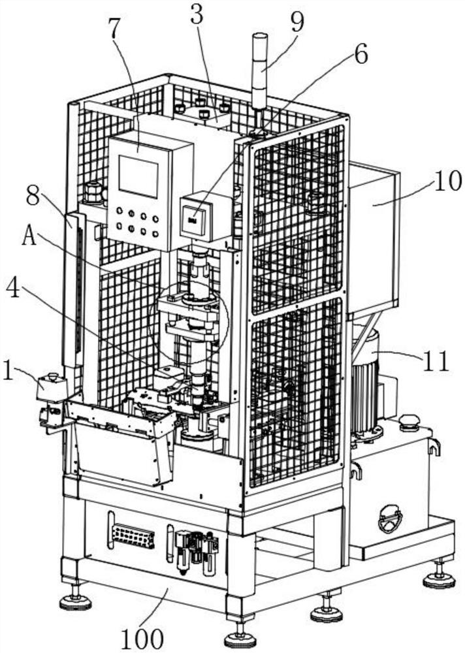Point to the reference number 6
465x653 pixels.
point(361,55)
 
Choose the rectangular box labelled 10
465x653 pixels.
point(374,235)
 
